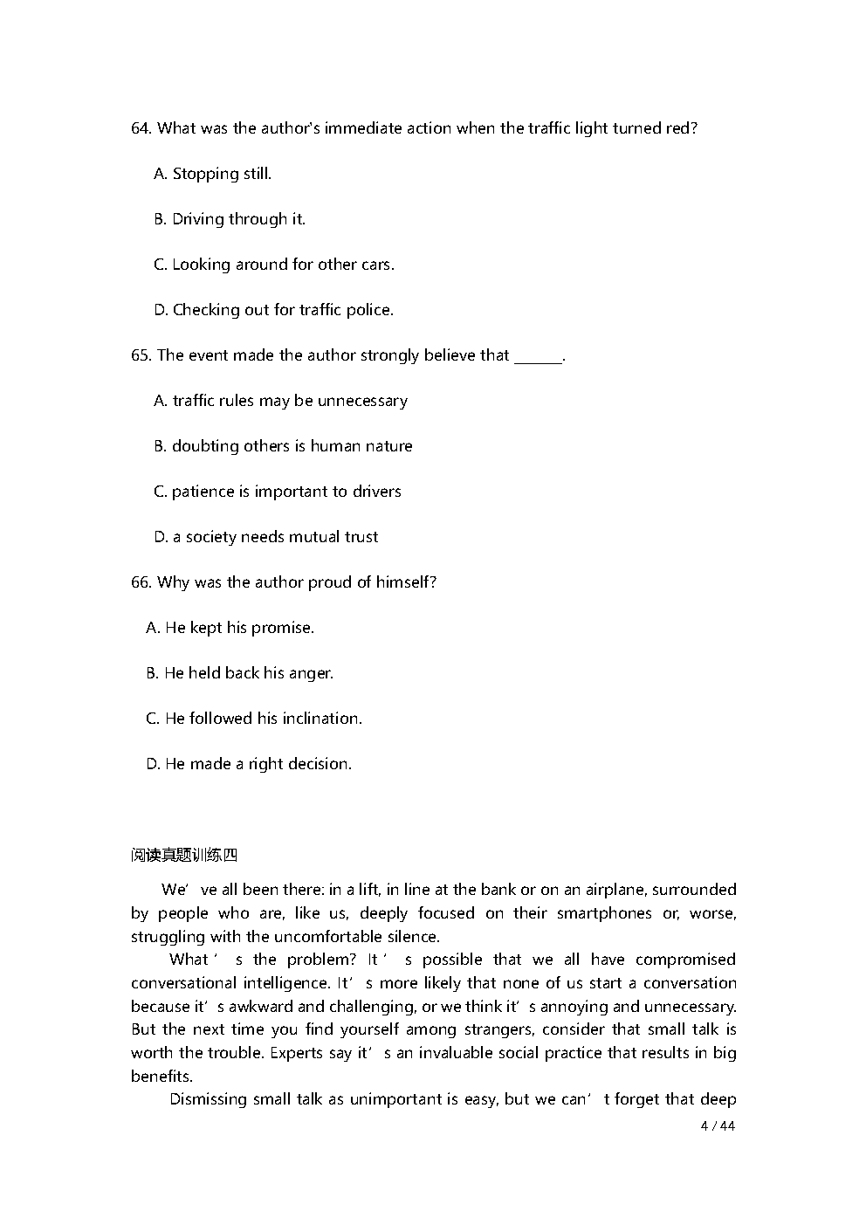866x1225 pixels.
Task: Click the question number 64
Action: (141, 128)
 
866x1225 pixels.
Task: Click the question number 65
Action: (141, 355)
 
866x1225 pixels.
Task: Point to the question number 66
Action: (141, 582)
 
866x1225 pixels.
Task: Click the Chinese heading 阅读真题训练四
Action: (184, 855)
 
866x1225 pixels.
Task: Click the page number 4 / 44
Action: (718, 1125)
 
